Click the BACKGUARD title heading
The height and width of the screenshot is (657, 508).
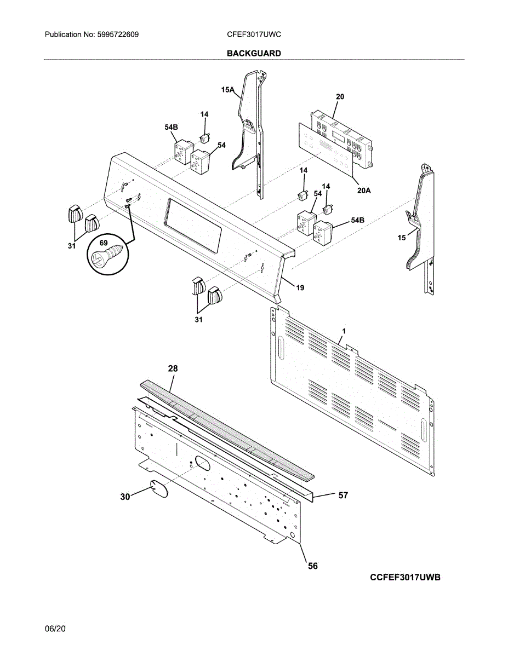click(x=254, y=53)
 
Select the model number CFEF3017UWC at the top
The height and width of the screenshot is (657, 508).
click(x=254, y=34)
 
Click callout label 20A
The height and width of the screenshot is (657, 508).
click(x=364, y=190)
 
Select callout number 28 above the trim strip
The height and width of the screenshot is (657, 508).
click(x=173, y=369)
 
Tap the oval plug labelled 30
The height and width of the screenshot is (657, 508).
click(x=159, y=487)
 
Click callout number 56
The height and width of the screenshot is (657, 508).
click(x=312, y=566)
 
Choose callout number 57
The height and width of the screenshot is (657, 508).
click(x=343, y=495)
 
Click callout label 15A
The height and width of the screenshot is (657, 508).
click(x=228, y=89)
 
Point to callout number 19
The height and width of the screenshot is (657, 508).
click(x=300, y=287)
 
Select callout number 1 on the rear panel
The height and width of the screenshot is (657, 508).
click(x=344, y=331)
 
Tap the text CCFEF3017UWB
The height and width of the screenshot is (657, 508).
click(x=405, y=578)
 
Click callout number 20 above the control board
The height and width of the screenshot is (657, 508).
click(x=340, y=97)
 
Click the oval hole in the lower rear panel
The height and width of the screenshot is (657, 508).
click(x=201, y=464)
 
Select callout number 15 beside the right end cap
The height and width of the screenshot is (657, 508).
click(x=401, y=238)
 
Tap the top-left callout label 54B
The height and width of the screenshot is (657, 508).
click(x=172, y=127)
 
